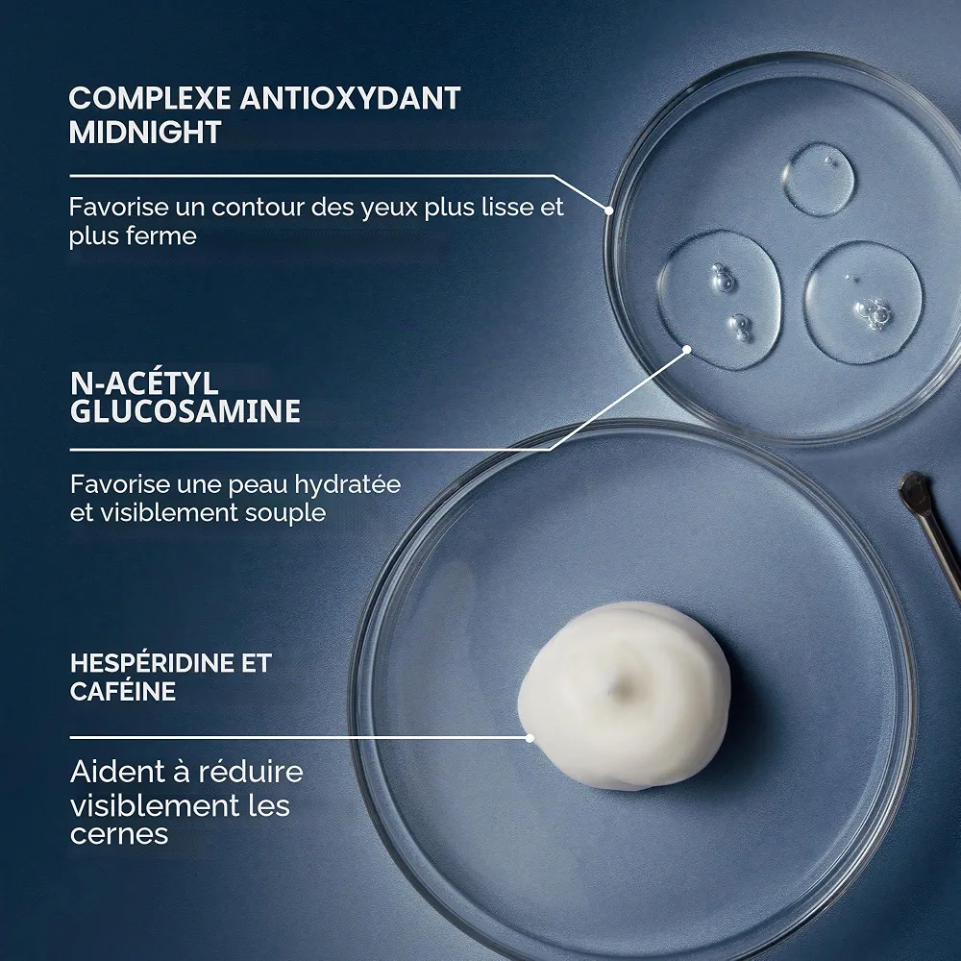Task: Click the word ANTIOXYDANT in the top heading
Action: tap(350, 99)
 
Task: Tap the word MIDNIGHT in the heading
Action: tap(145, 133)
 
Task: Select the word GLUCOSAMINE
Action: tap(185, 410)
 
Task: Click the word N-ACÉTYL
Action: tap(144, 382)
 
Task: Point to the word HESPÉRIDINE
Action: tap(153, 663)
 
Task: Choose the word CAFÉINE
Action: tap(123, 691)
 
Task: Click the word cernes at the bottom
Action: tap(119, 834)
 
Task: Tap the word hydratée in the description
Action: tap(348, 484)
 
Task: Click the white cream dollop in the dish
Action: tap(624, 694)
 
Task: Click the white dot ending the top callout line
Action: tap(609, 209)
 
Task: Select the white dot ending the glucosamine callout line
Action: tap(687, 350)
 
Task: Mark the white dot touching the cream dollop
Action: tap(530, 738)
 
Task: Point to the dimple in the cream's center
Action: tap(624, 685)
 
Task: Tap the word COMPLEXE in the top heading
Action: tap(150, 99)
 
